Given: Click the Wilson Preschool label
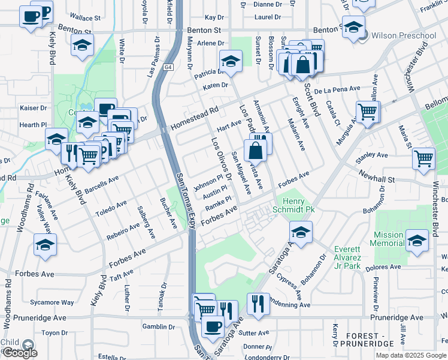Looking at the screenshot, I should point(404,36).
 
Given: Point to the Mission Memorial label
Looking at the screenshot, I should point(388,239).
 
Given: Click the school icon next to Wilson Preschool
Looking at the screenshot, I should point(354,28).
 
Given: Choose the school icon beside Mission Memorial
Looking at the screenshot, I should point(417,241).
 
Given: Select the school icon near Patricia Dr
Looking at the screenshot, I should point(230,61).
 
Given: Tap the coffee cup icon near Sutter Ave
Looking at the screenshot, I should point(212,326).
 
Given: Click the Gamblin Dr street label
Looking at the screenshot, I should point(158,327).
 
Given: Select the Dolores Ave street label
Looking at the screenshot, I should point(386,266).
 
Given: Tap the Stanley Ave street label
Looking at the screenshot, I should point(372,155).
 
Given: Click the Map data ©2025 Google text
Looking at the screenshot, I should point(411,355).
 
